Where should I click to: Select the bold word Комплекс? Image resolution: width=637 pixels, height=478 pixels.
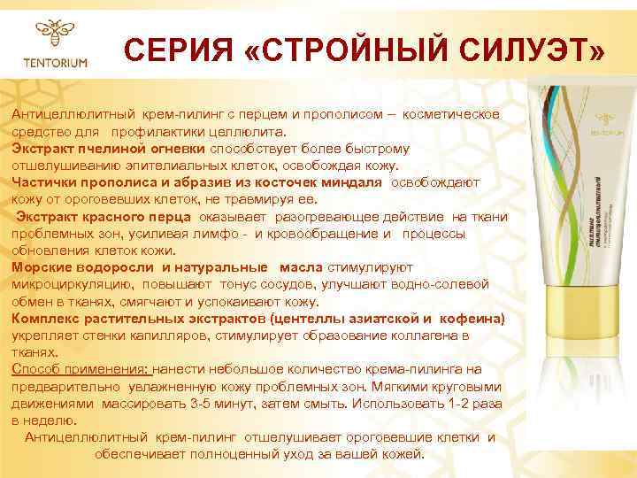click(43, 317)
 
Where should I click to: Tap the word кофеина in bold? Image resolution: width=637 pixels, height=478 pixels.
click(472, 317)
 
